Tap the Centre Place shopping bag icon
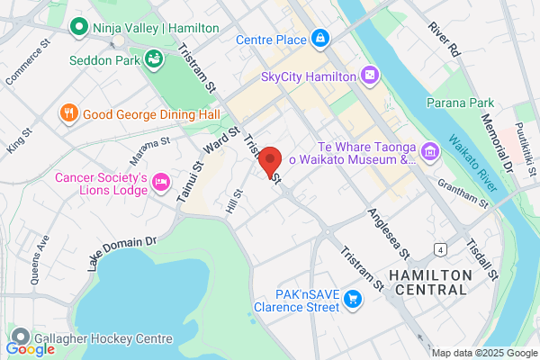(319, 39)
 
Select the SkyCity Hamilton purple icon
(367, 76)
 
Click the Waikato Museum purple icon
(430, 149)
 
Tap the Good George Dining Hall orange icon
(68, 113)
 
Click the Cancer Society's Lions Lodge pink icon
(161, 182)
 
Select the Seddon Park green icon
(154, 59)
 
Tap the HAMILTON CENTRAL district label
(427, 282)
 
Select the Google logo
(31, 347)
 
